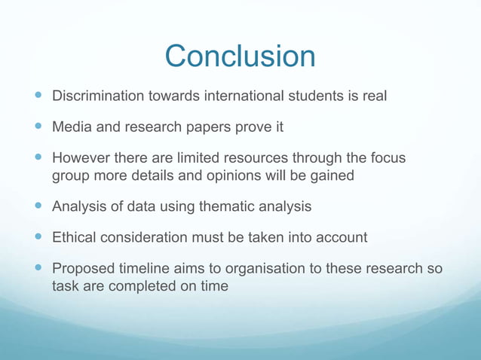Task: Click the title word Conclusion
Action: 240,56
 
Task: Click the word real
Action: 375,96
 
